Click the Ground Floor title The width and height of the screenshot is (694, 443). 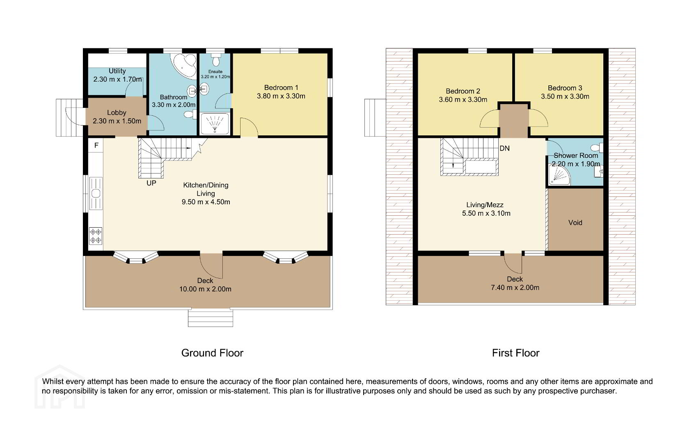[212, 353]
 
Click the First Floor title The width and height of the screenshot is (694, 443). [515, 353]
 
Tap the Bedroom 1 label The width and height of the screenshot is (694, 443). [281, 88]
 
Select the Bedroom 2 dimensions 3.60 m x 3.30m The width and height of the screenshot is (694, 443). [463, 100]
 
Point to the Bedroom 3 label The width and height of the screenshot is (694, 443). [565, 88]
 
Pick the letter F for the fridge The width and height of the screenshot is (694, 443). [96, 145]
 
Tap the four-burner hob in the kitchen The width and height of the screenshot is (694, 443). [96, 236]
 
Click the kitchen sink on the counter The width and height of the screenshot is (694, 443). [96, 193]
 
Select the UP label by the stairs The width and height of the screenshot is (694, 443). [151, 183]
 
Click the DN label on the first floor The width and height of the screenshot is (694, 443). [504, 148]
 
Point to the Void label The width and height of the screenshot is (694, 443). [575, 223]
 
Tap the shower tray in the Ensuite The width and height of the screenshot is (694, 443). [215, 124]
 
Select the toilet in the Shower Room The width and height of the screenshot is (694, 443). [597, 148]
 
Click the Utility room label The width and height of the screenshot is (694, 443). [117, 71]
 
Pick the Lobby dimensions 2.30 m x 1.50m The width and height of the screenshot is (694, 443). [117, 121]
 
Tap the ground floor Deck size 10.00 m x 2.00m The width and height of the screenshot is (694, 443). [205, 289]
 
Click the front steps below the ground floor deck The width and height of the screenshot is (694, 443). [211, 317]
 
